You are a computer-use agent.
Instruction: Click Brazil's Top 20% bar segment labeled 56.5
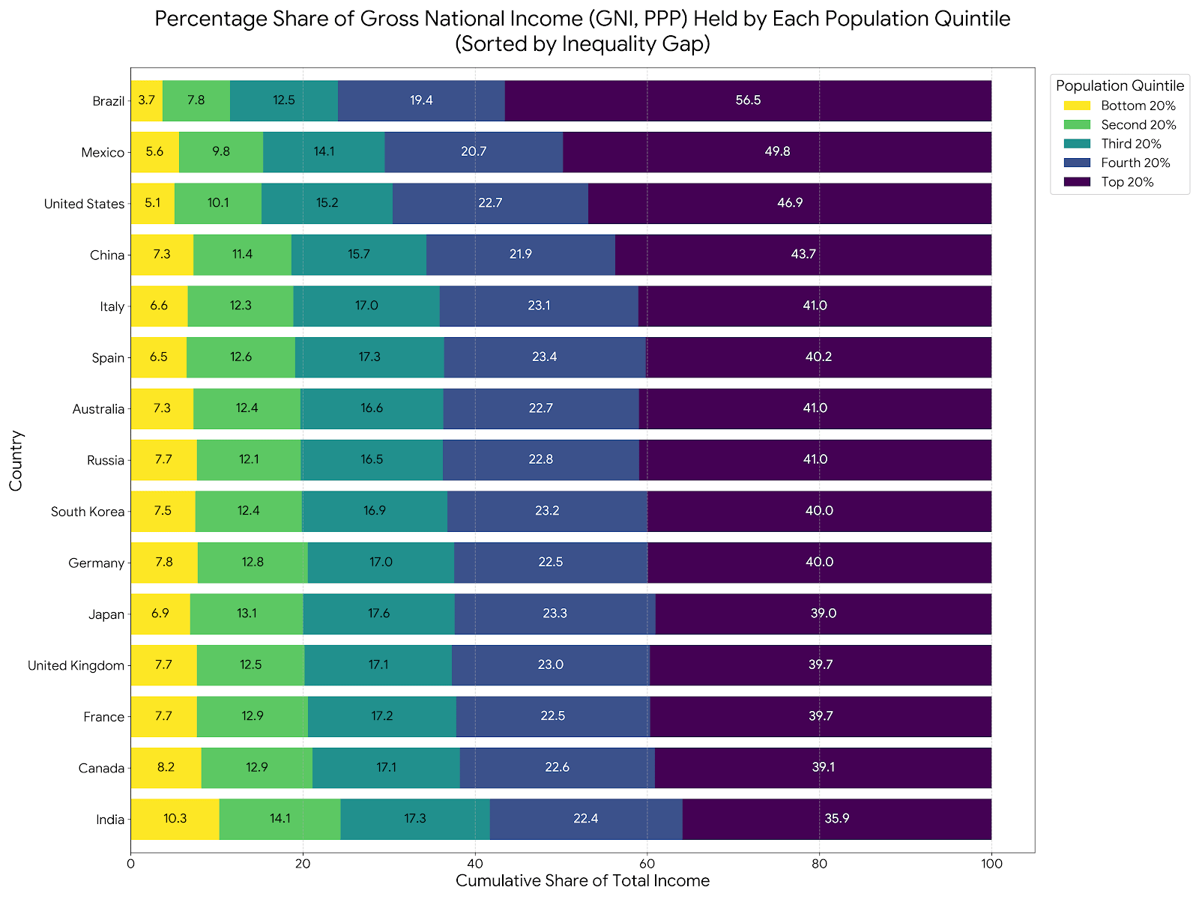[x=748, y=100]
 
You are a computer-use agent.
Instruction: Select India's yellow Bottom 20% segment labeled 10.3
[x=175, y=819]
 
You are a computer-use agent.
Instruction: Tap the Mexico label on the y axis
[x=103, y=153]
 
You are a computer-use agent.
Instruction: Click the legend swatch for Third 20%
[x=1077, y=144]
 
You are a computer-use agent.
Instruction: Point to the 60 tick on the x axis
[x=647, y=864]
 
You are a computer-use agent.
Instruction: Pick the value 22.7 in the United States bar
[x=490, y=203]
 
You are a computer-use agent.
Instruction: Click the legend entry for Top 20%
[x=1127, y=182]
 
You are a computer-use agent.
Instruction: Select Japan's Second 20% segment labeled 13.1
[x=247, y=614]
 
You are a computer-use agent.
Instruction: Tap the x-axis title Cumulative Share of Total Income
[x=582, y=881]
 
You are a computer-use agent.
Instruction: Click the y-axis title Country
[x=16, y=460]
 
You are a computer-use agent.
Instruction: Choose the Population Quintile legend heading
[x=1120, y=85]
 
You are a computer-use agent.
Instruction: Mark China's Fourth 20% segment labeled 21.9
[x=520, y=255]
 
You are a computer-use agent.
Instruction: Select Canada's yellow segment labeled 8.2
[x=166, y=768]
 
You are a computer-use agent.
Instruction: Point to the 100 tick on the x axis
[x=991, y=864]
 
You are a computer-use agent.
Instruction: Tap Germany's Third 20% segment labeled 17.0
[x=381, y=563]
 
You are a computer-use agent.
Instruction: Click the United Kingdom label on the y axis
[x=76, y=665]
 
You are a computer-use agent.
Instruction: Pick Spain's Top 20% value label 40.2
[x=818, y=357]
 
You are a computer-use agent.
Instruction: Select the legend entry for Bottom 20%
[x=1138, y=106]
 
